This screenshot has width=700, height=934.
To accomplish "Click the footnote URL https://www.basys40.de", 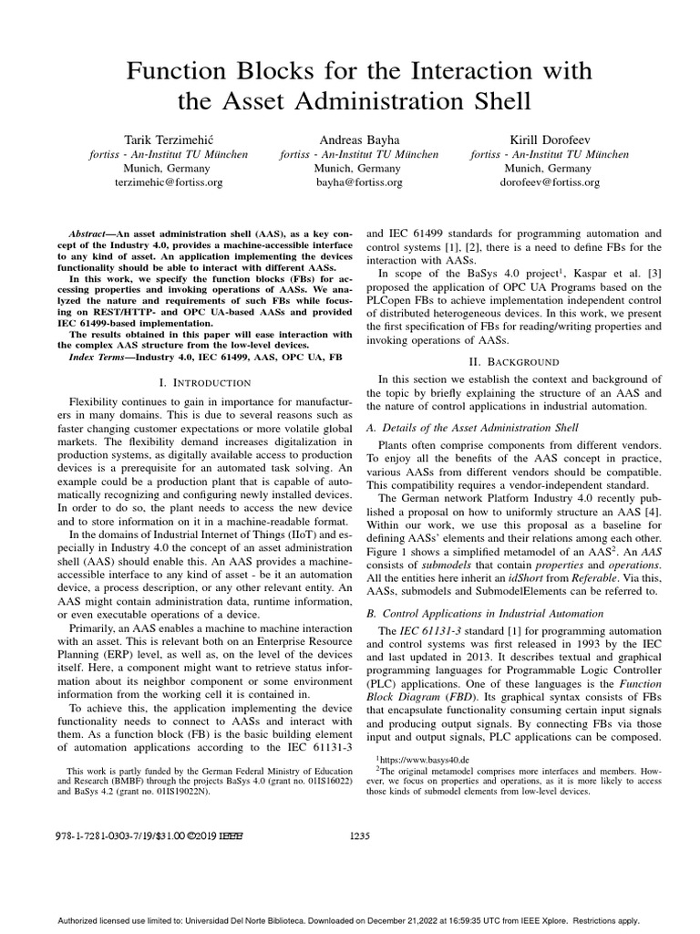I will click(422, 758).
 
